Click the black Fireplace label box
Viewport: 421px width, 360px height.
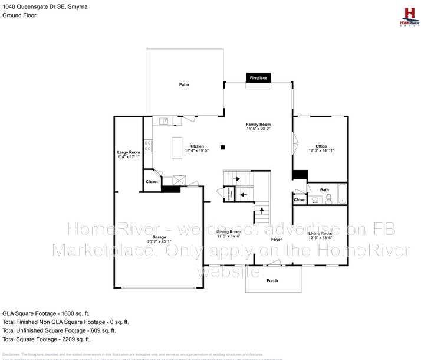coord(258,78)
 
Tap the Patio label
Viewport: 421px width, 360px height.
coord(184,85)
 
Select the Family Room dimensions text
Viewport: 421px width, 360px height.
coord(258,129)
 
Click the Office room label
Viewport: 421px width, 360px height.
coord(321,146)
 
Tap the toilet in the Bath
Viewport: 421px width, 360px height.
coord(329,199)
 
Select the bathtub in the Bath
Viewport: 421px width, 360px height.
coord(342,194)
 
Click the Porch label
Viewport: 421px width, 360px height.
coord(272,280)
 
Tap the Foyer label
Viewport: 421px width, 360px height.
coord(277,240)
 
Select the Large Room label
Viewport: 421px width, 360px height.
coord(129,152)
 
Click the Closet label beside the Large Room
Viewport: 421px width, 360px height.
coord(152,182)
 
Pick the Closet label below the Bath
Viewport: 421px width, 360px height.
coord(300,200)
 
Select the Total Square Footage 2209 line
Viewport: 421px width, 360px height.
coord(46,339)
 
